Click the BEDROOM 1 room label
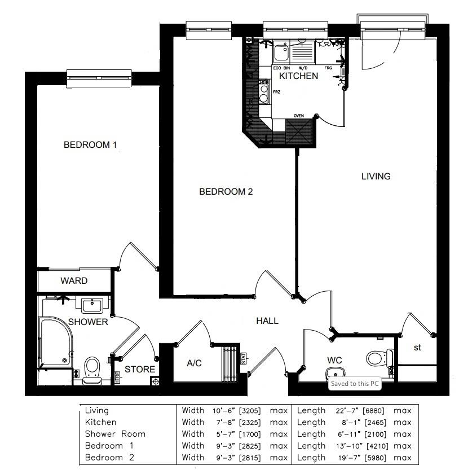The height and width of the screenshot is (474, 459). (90, 145)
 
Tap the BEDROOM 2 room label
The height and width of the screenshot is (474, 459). (226, 192)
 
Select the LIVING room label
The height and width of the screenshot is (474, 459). (376, 176)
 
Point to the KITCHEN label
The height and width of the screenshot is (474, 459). (298, 76)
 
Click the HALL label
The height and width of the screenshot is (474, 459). (267, 321)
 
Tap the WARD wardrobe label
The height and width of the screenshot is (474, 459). (74, 280)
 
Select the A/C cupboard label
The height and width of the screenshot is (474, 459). (194, 363)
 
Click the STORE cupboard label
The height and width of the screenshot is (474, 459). (139, 370)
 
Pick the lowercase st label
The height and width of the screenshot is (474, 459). (417, 348)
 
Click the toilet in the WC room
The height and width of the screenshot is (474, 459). (378, 358)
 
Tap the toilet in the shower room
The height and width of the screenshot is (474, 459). (91, 368)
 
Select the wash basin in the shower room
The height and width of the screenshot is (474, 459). (91, 306)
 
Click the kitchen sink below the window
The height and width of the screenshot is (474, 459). (281, 54)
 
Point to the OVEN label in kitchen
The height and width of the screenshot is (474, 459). (298, 116)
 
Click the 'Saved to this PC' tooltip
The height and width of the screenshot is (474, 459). (355, 383)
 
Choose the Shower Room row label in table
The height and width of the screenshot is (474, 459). (115, 434)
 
